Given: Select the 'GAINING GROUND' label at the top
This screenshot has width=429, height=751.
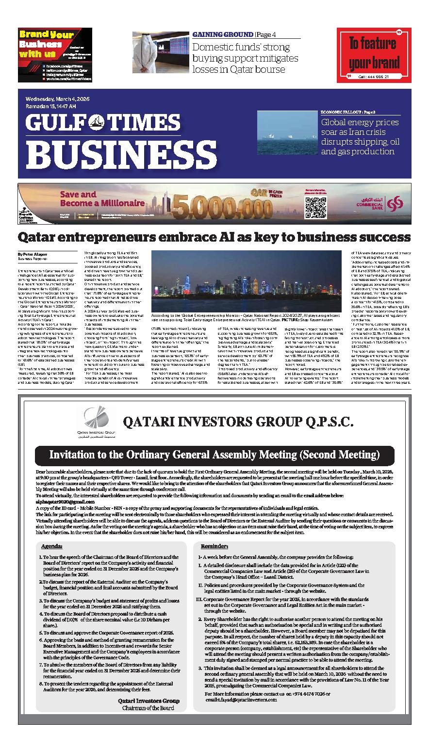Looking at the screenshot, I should [x=223, y=35].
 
